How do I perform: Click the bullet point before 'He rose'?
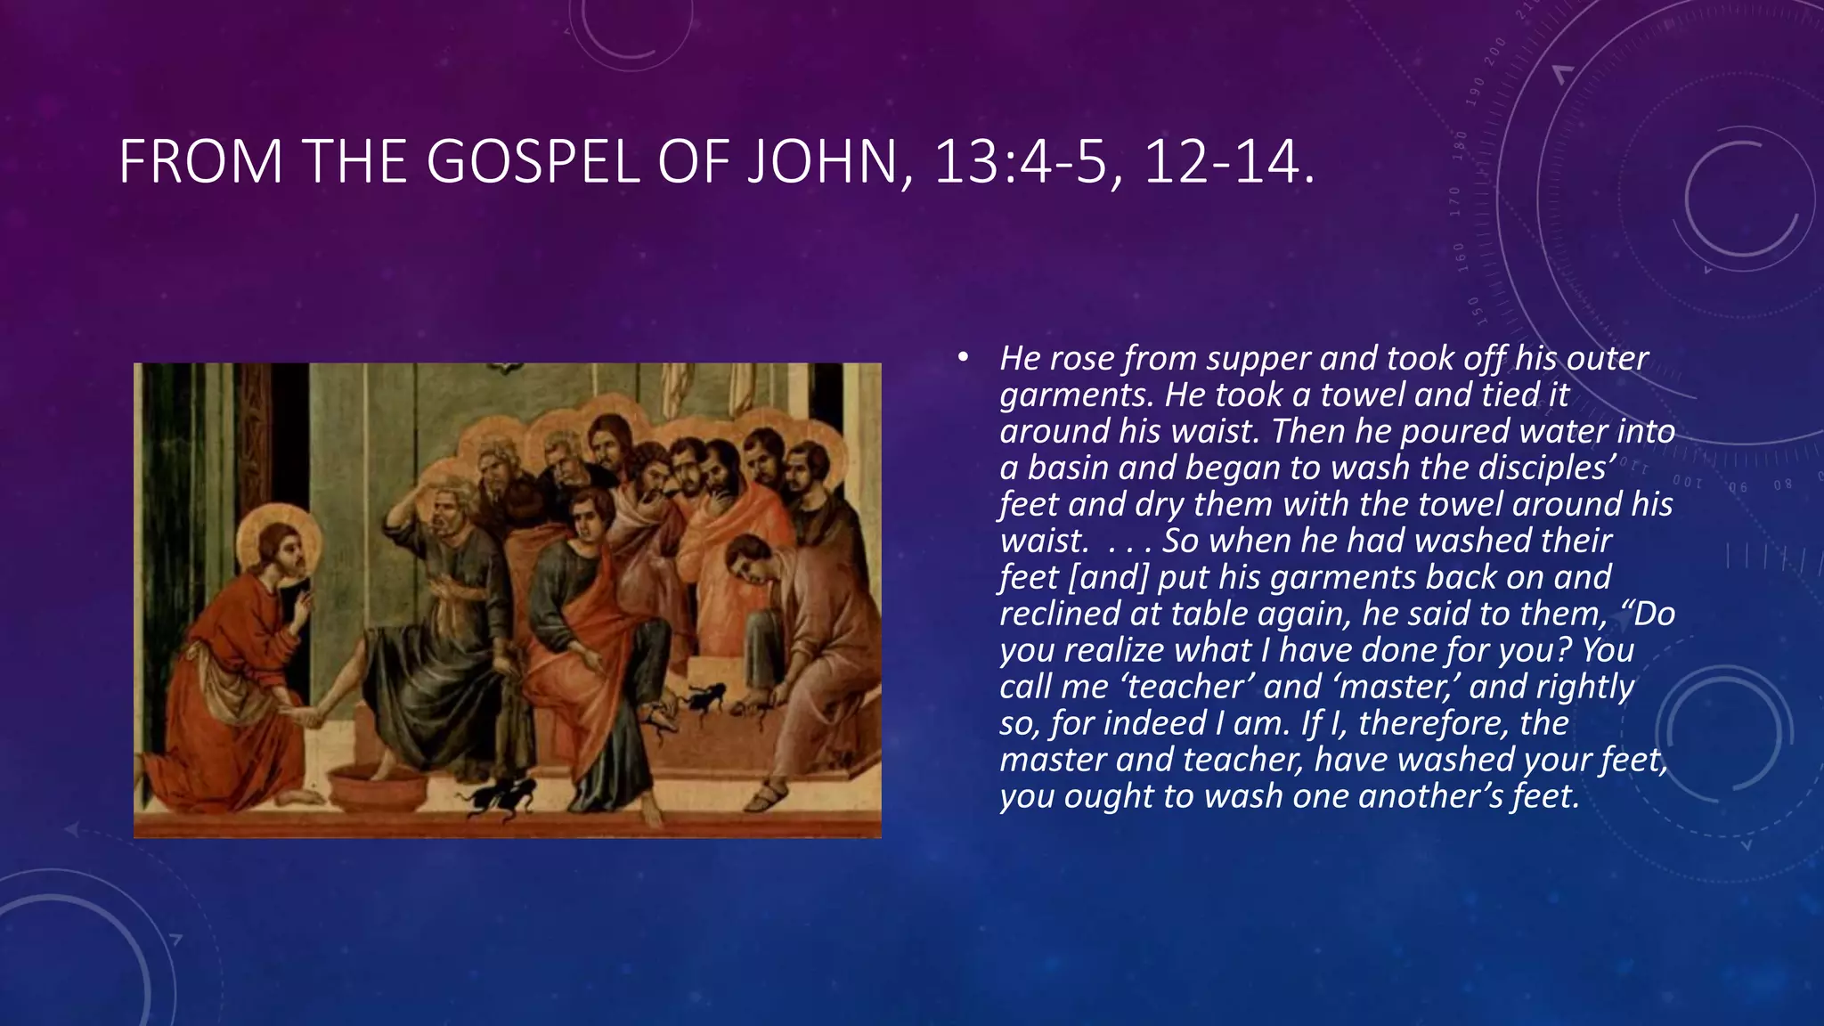[x=962, y=358]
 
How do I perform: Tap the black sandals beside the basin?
[x=499, y=795]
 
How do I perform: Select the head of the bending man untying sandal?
[x=746, y=559]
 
